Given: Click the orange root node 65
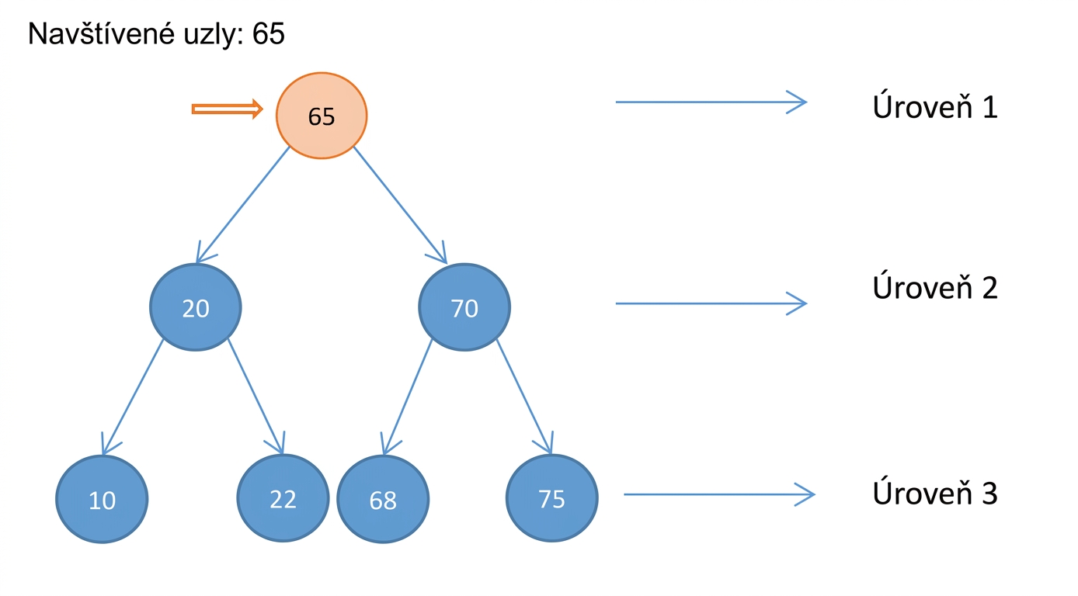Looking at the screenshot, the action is (322, 116).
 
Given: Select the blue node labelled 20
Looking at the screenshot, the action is (196, 307).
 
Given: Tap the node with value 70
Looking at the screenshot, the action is (464, 307).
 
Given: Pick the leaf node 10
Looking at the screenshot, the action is (102, 499).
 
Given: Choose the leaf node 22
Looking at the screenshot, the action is (283, 498).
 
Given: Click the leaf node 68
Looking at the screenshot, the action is (383, 499).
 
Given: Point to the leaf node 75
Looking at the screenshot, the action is (552, 498).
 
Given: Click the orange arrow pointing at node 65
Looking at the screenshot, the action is (227, 109).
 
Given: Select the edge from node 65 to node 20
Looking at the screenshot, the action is (243, 205).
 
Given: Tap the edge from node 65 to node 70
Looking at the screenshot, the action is (401, 205).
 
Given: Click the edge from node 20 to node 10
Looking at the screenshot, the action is (133, 397).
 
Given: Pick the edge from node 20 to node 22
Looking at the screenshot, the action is (256, 397).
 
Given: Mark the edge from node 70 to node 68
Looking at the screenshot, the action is (407, 397).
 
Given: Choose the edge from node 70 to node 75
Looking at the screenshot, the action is (524, 397).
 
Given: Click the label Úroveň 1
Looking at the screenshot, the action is (934, 107).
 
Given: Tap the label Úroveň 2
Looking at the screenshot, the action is (934, 288).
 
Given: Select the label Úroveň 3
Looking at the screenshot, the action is (934, 493).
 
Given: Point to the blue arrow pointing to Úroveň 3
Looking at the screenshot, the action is (719, 494).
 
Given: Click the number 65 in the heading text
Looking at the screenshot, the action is (269, 33).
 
